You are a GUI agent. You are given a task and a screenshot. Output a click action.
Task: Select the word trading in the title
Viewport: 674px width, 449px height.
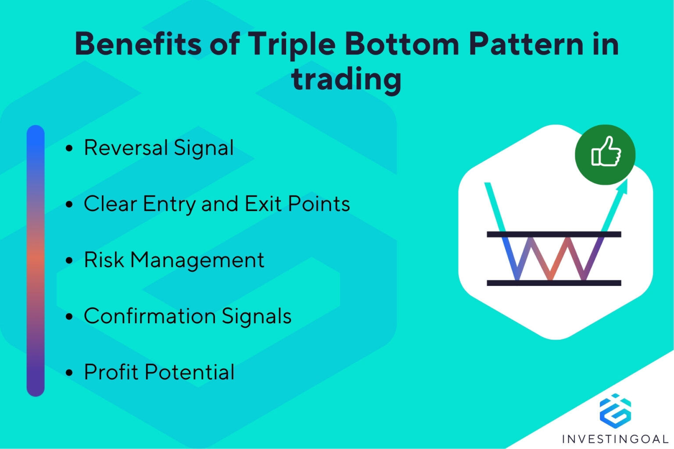tap(346, 79)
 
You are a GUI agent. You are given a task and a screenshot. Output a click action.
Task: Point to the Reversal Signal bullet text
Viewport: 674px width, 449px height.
tap(158, 148)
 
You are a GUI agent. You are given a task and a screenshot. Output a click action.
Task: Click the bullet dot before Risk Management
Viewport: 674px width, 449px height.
tap(69, 260)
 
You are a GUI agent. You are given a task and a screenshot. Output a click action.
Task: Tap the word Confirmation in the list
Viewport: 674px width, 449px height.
tap(150, 316)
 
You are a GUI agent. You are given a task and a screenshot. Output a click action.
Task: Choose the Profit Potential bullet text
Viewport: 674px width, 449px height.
tap(159, 372)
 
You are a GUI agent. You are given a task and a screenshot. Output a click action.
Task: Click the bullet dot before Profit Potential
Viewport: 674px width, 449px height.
tap(69, 373)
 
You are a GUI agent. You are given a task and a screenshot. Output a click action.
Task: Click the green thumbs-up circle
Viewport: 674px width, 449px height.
tap(605, 154)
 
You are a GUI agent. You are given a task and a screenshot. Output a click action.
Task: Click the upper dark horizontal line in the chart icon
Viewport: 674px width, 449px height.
tap(554, 234)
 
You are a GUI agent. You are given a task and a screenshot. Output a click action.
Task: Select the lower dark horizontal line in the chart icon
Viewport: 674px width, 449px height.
tap(554, 283)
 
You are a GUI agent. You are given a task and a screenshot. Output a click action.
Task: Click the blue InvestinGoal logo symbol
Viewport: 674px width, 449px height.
tap(615, 411)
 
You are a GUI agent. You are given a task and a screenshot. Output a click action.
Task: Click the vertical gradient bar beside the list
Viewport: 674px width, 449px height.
tap(36, 260)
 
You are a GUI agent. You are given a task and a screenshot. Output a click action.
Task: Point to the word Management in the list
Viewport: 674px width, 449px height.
tap(197, 260)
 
